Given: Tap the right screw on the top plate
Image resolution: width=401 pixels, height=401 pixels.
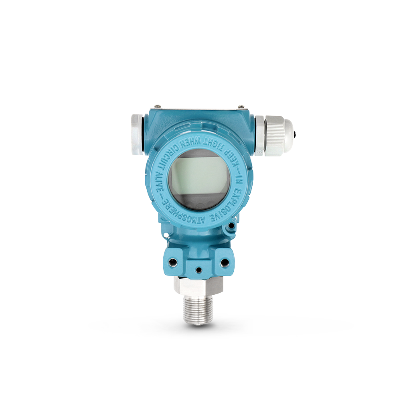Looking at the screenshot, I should [x=241, y=106].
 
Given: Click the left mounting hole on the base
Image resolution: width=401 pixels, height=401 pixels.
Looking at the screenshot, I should [x=172, y=262].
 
